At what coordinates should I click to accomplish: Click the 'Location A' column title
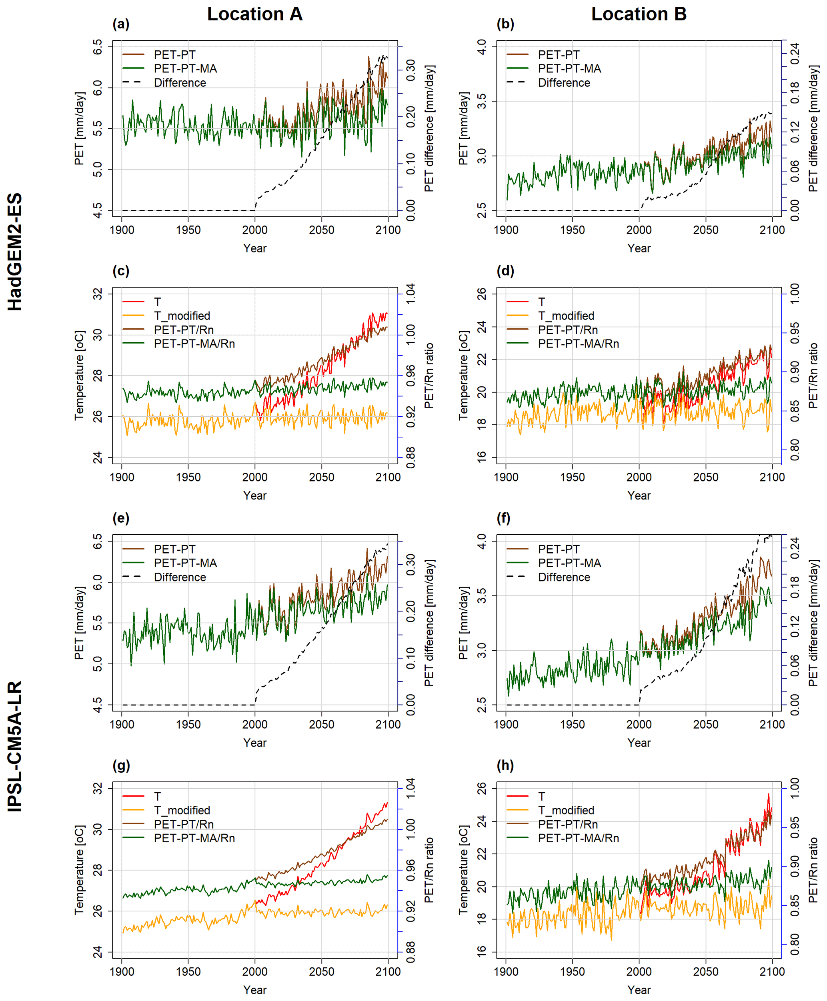pos(255,14)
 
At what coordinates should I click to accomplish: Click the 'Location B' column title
pos(639,14)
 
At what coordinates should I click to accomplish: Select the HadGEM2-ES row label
pos(15,252)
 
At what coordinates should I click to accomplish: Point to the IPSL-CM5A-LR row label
pos(15,746)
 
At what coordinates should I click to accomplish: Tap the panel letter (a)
pos(121,24)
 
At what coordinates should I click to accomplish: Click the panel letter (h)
pos(505,765)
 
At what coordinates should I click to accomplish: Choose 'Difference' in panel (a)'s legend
pos(180,83)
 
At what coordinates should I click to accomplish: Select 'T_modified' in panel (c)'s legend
pos(182,316)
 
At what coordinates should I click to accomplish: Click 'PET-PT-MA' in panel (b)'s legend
pos(569,68)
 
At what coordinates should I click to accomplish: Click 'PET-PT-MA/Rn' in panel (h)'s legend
pos(578,838)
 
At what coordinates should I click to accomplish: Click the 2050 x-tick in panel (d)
pos(705,477)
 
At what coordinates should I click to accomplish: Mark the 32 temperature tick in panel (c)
pos(98,294)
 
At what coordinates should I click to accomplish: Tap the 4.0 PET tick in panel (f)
pos(482,541)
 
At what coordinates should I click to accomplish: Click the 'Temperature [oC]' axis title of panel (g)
pos(80,870)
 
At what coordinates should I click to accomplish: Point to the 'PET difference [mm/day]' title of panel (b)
pos(813,129)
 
